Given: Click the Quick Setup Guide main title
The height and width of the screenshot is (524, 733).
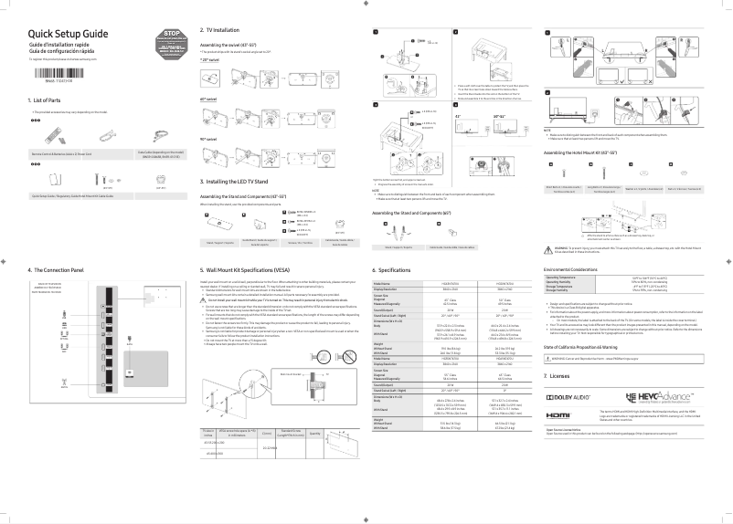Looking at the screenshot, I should (x=69, y=33).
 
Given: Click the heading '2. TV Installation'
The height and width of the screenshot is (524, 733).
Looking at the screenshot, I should (x=227, y=29).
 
